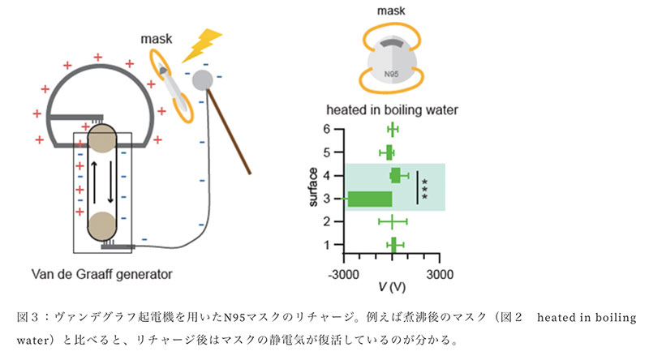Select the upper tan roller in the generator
(102, 140)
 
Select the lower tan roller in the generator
(102, 224)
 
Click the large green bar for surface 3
(370, 198)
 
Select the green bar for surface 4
(396, 174)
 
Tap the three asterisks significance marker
(425, 186)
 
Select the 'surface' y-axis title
(313, 186)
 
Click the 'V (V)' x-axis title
(392, 288)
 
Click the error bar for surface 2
(393, 221)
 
